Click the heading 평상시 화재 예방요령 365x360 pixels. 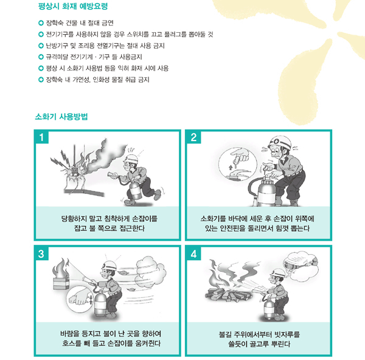coord(73,6)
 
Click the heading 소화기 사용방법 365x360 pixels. coord(61,116)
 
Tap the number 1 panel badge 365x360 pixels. coord(41,137)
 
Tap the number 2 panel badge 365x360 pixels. coord(193,137)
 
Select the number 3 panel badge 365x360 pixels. coord(41,254)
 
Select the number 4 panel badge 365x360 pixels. coord(193,254)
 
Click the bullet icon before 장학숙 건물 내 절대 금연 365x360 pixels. coord(41,23)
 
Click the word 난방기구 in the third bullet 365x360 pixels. coord(55,46)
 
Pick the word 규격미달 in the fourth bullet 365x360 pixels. coord(55,57)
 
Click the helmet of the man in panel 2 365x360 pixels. coord(280,142)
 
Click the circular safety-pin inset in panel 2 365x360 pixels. coord(238,164)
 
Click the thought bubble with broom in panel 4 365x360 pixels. coord(301,265)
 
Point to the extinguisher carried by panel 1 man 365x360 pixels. coord(135,190)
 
